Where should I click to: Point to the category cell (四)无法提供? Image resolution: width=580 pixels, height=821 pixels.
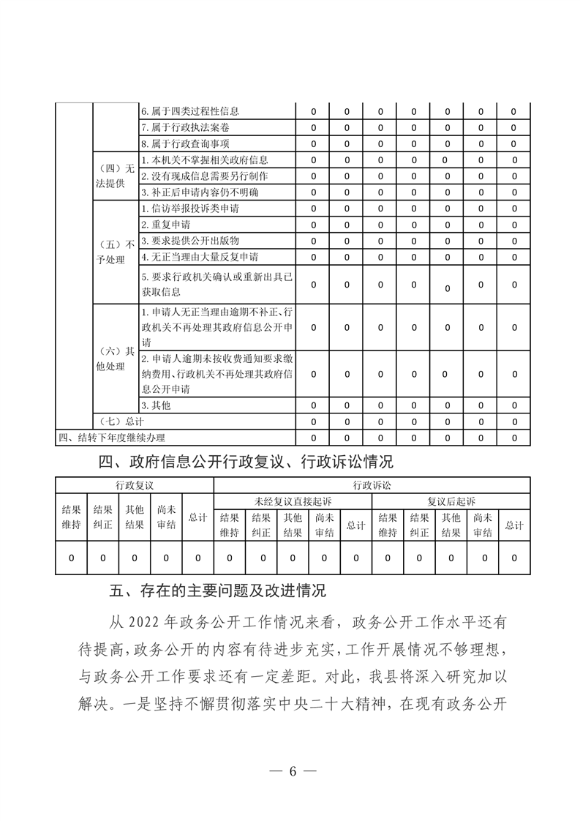pos(116,176)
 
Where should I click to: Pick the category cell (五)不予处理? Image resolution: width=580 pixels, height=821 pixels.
pos(116,250)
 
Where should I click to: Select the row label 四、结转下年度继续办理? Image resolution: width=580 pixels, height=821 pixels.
pos(112,438)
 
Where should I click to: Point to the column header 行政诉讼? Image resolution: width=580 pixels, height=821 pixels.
pos(372,485)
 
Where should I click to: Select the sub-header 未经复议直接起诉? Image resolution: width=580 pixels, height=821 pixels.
pos(293,501)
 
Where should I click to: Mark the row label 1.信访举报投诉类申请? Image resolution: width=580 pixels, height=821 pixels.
pos(190,209)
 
